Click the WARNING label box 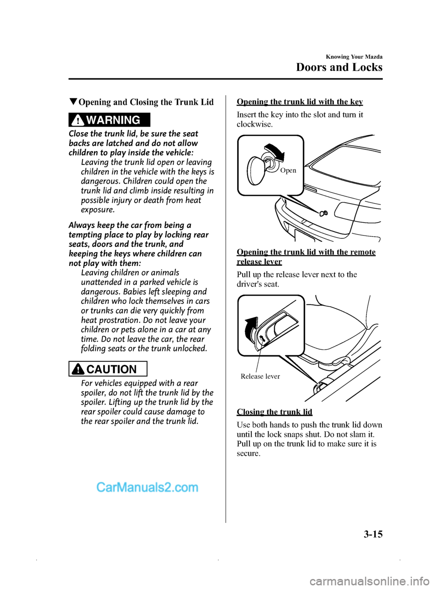[109, 120]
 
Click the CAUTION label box [108, 369]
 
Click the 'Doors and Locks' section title [339, 67]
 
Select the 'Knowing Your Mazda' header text [354, 57]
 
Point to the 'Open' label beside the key [288, 171]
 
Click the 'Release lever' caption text [260, 376]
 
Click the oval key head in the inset [255, 170]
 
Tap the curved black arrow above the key [275, 152]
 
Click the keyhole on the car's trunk [323, 213]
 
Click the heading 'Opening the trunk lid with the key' [300, 102]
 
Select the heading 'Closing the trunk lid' [274, 412]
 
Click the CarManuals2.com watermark [147, 488]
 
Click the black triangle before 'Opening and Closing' [73, 101]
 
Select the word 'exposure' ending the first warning [97, 210]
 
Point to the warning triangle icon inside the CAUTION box [79, 369]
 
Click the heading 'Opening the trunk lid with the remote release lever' [306, 257]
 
